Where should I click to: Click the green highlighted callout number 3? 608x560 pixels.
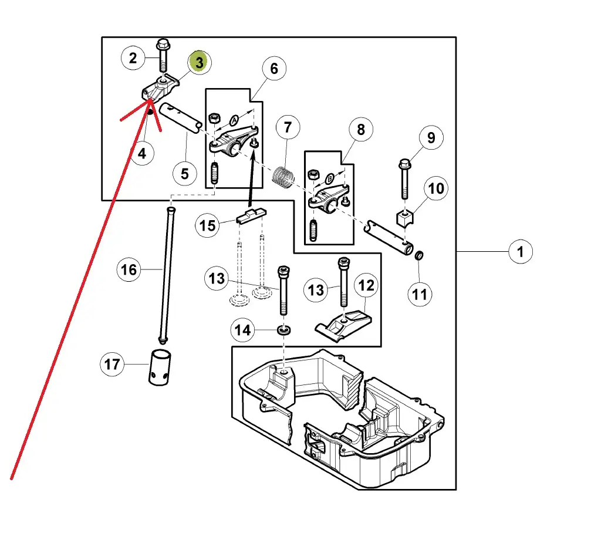pos(200,62)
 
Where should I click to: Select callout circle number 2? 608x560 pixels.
pos(134,58)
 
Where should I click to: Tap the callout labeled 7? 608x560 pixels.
pos(287,127)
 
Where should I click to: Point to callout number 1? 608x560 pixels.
pos(520,252)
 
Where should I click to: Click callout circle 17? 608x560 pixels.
pos(112,365)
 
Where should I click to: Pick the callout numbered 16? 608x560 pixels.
pos(129,269)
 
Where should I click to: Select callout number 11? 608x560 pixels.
pos(420,293)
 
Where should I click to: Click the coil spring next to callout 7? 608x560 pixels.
pos(285,176)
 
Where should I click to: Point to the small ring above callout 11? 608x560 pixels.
pos(420,257)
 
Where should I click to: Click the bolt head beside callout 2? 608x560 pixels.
pos(162,45)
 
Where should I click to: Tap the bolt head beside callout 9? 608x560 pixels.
pos(405,163)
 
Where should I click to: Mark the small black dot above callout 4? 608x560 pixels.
pos(150,112)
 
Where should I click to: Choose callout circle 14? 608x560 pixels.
pos(243,330)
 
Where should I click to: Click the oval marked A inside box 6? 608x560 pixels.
pos(234,120)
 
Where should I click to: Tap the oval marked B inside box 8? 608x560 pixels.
pos(330,177)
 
